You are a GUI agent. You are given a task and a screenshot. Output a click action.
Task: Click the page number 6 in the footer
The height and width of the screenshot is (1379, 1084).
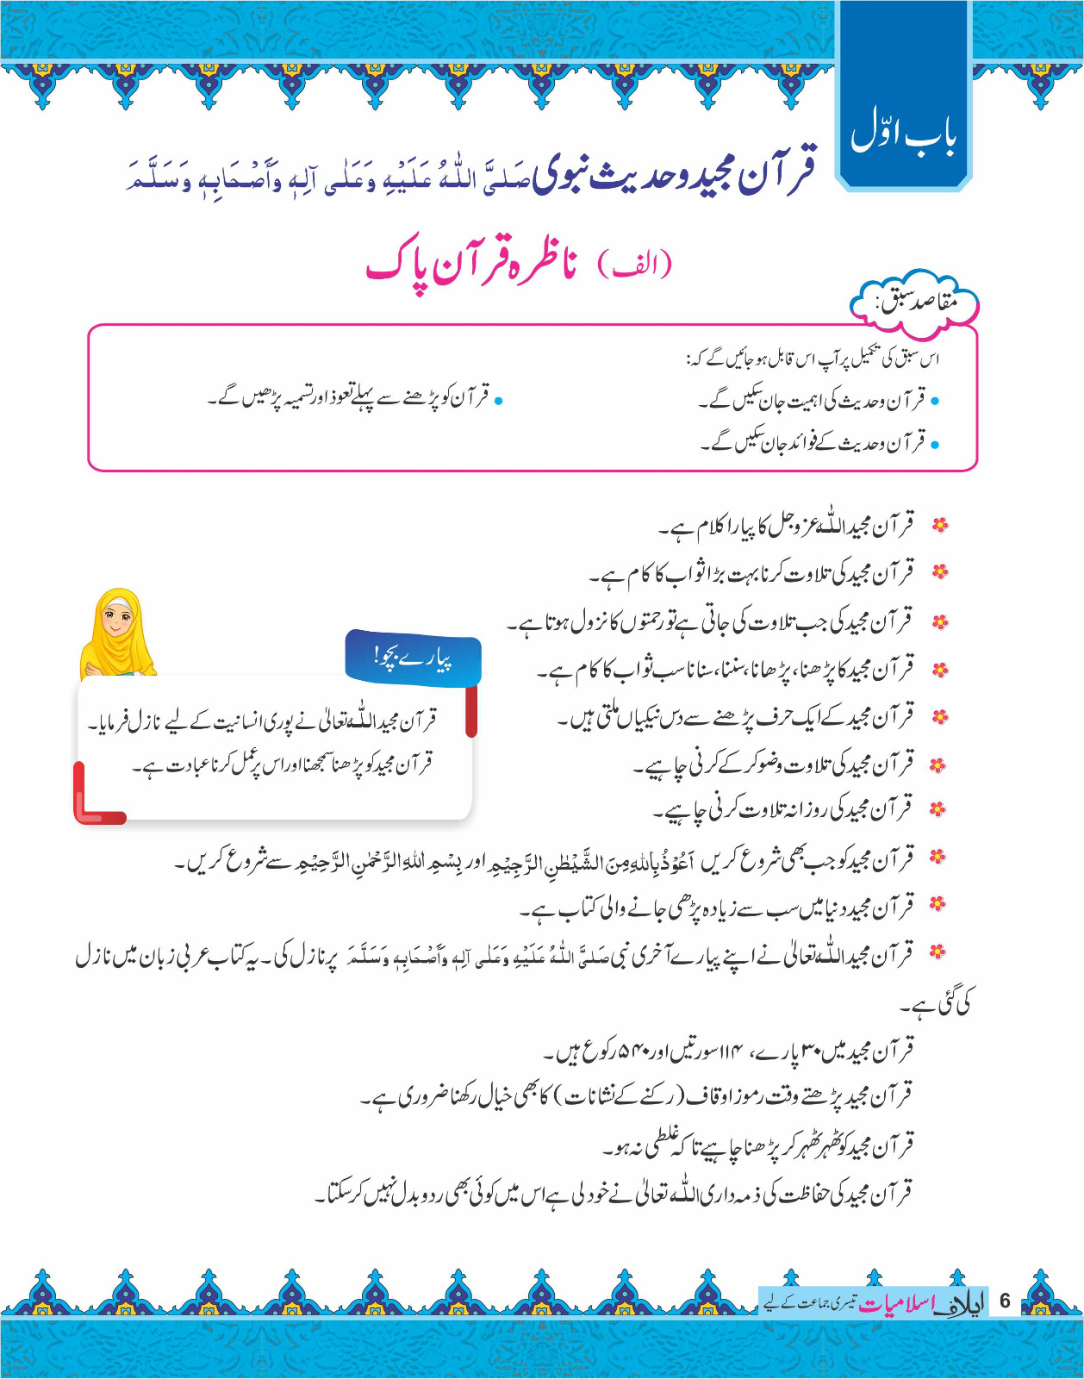(1004, 1301)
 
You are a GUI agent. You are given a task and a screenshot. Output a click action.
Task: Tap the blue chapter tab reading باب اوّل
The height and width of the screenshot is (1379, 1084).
(903, 133)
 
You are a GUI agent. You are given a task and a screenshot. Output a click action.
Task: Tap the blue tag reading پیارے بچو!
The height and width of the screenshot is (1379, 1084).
(413, 658)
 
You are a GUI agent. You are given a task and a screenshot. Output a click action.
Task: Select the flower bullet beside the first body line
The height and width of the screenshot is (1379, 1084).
(941, 525)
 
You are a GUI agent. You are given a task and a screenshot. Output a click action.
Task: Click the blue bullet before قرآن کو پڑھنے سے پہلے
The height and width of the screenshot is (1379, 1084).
(498, 400)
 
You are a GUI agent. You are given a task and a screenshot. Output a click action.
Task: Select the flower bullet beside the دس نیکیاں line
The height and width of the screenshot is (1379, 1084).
(941, 716)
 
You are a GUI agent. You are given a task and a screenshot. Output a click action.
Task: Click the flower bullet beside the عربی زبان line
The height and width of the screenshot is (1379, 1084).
(938, 952)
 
